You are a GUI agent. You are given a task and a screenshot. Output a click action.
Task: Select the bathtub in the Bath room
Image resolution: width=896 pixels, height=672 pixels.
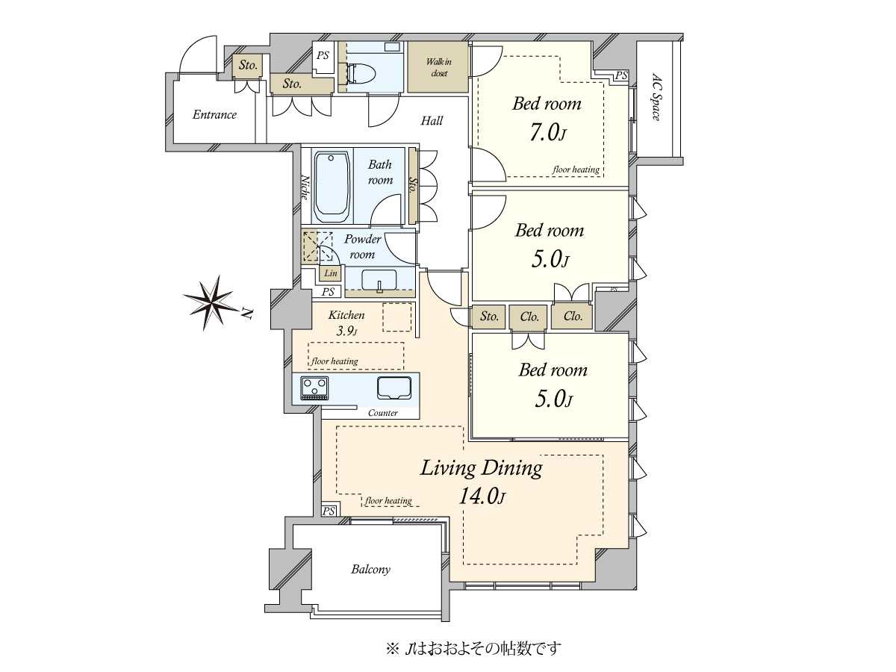tap(332, 187)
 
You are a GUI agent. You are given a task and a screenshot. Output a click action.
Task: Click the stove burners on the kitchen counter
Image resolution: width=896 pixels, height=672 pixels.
tap(314, 388)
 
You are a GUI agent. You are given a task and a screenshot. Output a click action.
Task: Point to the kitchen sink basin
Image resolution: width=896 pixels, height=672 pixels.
tap(394, 388)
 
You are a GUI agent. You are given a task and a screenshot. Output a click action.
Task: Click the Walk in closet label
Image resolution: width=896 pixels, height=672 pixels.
tap(439, 67)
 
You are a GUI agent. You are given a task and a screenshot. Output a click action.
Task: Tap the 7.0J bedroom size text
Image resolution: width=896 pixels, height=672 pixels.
tap(548, 133)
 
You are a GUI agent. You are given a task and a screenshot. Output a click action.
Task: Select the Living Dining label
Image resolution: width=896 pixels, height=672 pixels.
tap(482, 468)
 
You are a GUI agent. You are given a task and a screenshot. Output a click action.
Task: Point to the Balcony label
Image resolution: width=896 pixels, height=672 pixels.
tap(370, 569)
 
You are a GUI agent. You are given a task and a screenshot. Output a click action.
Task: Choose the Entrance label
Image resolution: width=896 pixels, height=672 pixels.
tap(214, 115)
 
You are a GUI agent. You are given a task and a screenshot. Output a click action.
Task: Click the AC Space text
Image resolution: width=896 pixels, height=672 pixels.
tap(656, 97)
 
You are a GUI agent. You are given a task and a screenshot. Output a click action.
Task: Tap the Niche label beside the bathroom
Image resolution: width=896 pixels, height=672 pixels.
tap(305, 187)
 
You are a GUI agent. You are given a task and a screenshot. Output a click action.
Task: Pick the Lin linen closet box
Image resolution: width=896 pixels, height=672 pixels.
tap(331, 273)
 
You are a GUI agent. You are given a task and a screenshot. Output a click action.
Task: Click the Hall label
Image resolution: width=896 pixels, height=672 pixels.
tap(432, 121)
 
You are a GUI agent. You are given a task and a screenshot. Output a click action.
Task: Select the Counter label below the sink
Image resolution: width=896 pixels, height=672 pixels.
tap(383, 413)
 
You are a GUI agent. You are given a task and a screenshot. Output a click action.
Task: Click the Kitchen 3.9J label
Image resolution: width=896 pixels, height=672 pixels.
tap(346, 323)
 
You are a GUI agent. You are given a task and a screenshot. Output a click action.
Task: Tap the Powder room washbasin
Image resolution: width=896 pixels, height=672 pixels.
tap(379, 280)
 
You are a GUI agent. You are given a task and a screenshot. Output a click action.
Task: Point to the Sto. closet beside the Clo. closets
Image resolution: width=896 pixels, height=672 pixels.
tap(488, 317)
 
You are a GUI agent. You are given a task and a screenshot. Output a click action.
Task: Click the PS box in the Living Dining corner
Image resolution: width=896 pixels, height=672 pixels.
tap(329, 511)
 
